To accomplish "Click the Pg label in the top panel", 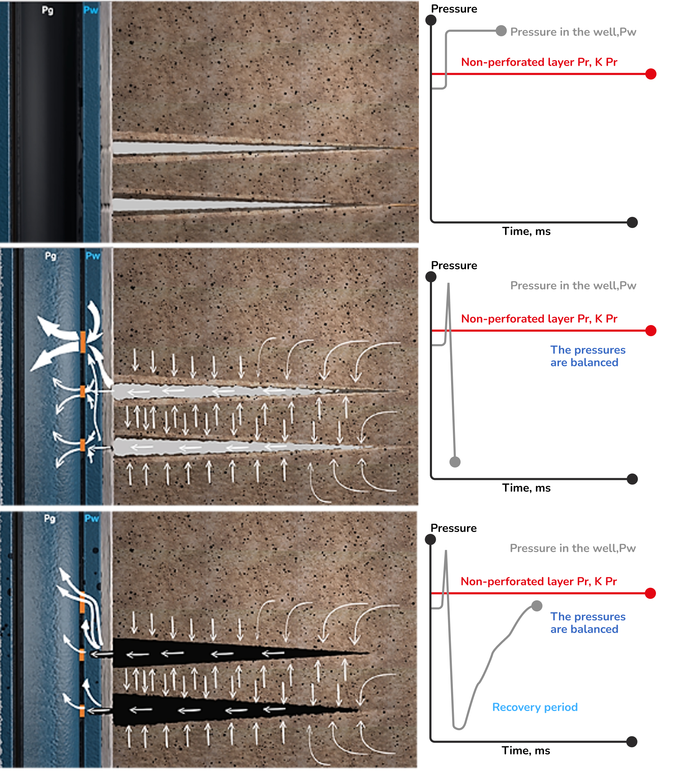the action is [48, 10].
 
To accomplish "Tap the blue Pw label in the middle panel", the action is [93, 256].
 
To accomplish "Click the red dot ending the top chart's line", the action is [651, 74].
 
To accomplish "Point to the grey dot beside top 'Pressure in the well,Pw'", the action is [501, 31].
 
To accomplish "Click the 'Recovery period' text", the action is [535, 707].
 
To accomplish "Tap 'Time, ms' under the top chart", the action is [526, 231].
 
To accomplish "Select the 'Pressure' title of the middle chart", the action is [454, 265].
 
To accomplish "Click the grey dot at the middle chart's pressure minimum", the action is [455, 462].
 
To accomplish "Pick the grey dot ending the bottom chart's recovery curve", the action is [537, 606].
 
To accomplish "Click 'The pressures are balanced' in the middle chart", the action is [588, 356].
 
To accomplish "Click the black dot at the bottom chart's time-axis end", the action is [632, 742].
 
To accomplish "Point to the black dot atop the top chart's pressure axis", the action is [431, 20].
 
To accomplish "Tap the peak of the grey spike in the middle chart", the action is [449, 283].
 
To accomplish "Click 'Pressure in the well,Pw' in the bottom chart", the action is [572, 548].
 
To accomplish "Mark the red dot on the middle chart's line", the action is [651, 331].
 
